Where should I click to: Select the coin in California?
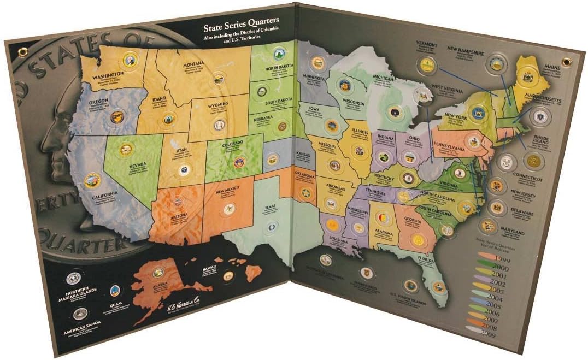tap(92, 180)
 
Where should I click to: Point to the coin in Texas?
tap(271, 226)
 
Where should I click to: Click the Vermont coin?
tap(426, 66)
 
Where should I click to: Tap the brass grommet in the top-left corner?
tap(22, 52)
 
